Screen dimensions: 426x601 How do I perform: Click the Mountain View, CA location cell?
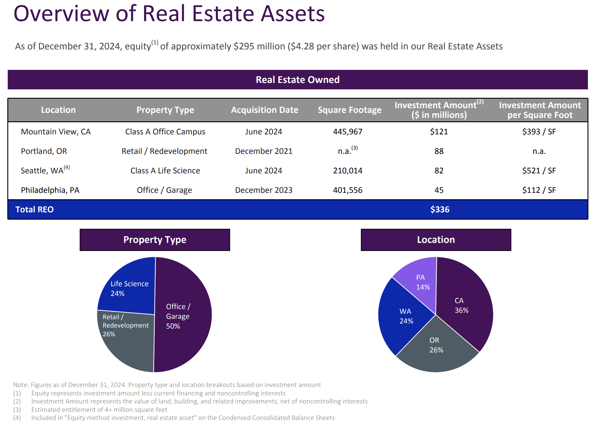pos(56,132)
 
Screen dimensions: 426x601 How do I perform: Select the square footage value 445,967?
pos(348,132)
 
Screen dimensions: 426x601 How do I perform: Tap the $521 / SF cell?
pos(539,171)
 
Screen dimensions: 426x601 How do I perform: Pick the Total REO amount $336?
pos(440,210)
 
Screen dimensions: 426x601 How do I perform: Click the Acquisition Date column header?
pos(265,110)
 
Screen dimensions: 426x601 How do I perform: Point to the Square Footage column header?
pos(349,110)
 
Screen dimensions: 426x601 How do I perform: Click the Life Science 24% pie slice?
pos(129,288)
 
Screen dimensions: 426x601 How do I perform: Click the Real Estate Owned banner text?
pos(297,80)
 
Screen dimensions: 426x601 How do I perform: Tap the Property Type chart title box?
pos(155,240)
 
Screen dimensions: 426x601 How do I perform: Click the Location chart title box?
pos(436,240)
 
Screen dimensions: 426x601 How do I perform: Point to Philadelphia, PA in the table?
pos(50,190)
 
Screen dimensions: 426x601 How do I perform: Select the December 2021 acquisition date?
pos(264,151)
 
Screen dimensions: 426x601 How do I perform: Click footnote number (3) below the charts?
pos(17,410)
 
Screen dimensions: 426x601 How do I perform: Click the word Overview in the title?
pos(61,14)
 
